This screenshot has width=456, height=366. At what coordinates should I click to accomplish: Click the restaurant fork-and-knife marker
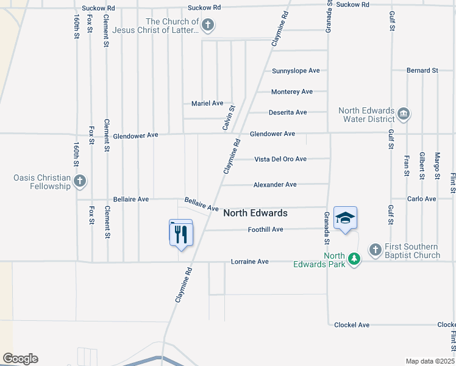pos(180,234)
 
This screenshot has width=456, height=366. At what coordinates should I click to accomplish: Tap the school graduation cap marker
pos(345,218)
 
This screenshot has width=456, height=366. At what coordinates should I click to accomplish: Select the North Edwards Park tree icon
pos(354,260)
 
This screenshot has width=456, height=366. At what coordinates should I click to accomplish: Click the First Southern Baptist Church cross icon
pos(375,249)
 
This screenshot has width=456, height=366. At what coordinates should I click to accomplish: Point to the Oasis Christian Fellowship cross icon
pos(80,181)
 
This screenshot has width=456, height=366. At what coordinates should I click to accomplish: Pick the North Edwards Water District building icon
pos(403,113)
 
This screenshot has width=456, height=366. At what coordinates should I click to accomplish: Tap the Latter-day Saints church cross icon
pos(208,25)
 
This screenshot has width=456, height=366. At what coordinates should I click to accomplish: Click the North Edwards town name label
pos(255,213)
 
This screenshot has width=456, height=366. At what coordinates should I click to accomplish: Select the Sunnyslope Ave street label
pos(296,71)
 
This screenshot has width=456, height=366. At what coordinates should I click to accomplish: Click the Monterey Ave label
pos(292,91)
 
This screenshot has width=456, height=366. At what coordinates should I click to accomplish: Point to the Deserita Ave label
pos(288,112)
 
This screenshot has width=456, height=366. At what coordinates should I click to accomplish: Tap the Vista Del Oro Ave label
pos(280,159)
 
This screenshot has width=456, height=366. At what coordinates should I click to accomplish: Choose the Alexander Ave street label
pos(275,184)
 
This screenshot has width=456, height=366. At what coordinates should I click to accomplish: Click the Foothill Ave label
pos(265,229)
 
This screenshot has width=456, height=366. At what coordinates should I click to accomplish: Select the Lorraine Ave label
pos(250,262)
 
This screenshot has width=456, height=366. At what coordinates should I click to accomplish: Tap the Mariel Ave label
pos(207,104)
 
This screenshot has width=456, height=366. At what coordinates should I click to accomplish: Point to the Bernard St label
pos(422,71)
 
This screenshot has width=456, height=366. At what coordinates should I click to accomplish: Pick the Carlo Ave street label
pos(422,199)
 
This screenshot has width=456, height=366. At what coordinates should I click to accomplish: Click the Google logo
pos(20,359)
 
